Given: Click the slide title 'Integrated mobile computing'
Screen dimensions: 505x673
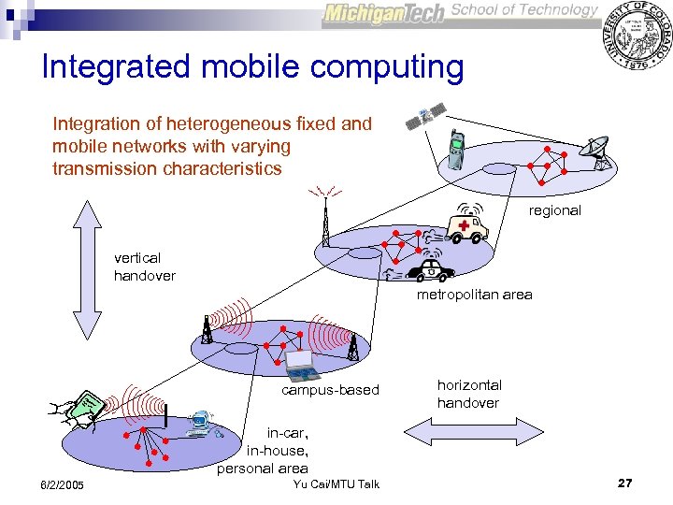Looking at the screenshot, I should [x=252, y=67].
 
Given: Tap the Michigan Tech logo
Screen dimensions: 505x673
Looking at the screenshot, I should [x=384, y=14].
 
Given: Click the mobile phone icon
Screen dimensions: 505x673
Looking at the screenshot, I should [x=455, y=149].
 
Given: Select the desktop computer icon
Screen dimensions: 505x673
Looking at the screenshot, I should [x=198, y=424].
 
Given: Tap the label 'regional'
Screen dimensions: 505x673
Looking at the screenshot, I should [x=554, y=210].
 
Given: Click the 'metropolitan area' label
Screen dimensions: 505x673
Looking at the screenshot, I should [x=474, y=295].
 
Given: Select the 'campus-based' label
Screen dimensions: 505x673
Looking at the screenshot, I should [x=330, y=390].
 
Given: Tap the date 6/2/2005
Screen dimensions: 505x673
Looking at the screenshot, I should [x=62, y=484].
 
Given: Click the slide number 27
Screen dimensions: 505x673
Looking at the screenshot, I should [x=624, y=483].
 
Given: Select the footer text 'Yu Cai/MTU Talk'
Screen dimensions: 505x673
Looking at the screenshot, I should [x=336, y=483].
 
